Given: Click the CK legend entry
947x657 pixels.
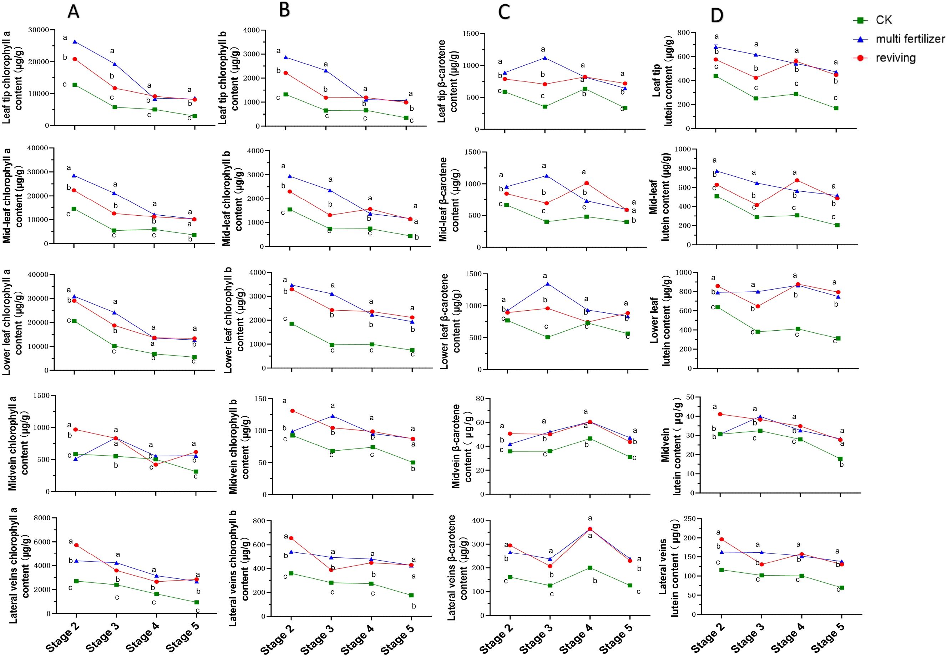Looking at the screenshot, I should coord(883,20).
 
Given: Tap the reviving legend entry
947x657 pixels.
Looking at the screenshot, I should coord(895,58).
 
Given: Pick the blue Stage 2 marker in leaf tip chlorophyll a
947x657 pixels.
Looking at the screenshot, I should coord(75,41).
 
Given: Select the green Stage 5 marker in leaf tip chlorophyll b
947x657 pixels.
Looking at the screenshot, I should coord(406,118).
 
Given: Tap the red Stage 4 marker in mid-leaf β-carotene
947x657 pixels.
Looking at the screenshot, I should coord(586,183).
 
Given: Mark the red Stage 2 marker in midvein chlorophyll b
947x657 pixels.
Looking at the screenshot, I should coord(292,411).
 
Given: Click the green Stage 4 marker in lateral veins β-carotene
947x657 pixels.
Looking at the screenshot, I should coord(590,568).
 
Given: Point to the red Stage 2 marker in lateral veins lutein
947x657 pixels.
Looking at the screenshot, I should coord(721,539).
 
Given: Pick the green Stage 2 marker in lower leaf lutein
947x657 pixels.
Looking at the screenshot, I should coord(718,307).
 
